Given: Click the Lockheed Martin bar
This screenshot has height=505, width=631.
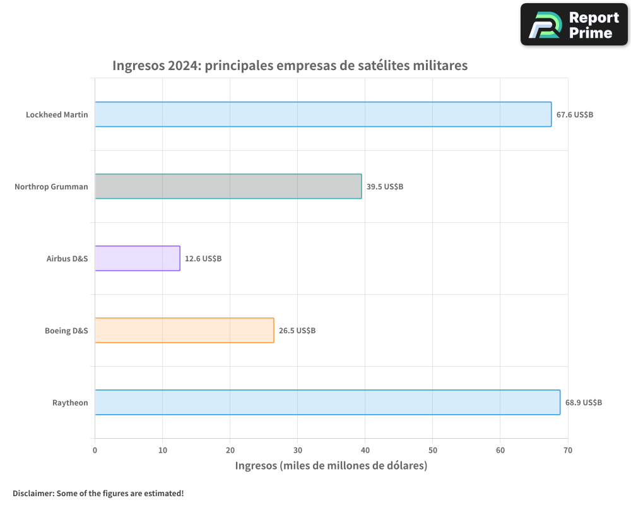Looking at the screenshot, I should (x=323, y=114).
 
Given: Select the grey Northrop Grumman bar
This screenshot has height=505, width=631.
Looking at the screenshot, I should (x=228, y=186).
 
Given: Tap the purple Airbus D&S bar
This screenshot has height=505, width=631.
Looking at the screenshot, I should (x=138, y=258).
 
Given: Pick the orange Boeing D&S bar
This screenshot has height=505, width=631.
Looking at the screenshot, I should (x=184, y=330).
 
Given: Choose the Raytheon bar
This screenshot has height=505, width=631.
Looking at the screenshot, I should (x=327, y=402).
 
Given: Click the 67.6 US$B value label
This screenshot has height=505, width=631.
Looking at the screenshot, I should (x=575, y=115).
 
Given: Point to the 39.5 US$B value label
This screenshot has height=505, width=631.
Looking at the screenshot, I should (x=385, y=187).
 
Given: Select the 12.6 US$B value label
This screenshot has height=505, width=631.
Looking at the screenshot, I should (x=203, y=259).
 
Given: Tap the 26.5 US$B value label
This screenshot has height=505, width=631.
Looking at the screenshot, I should (x=297, y=331).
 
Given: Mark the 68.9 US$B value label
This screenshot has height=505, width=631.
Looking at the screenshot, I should (x=584, y=403).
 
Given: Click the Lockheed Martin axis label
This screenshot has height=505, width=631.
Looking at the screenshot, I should (x=57, y=115).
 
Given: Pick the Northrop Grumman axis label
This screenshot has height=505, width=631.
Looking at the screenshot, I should (x=51, y=187).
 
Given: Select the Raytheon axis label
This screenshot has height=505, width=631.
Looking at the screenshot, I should (x=70, y=403).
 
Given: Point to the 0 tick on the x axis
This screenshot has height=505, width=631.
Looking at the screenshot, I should (x=95, y=450).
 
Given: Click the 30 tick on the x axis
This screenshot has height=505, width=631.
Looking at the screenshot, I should (x=298, y=450).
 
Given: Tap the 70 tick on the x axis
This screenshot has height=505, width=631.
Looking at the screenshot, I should (x=568, y=450).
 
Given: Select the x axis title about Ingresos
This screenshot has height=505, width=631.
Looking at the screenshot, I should (x=331, y=466).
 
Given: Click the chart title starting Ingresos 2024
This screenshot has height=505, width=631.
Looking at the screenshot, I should (x=290, y=65).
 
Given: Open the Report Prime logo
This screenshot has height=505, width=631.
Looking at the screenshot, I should (x=574, y=25).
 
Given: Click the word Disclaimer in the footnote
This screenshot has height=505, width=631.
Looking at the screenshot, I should (x=32, y=493).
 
